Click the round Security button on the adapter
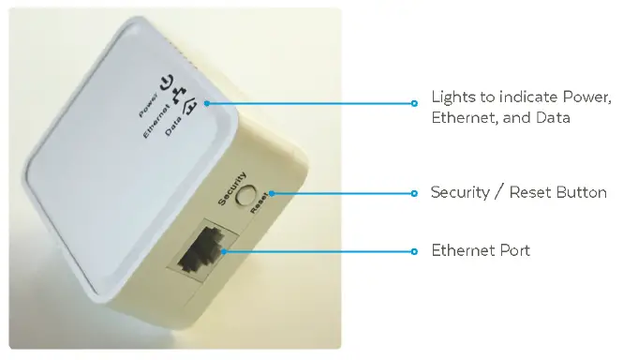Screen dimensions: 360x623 249,195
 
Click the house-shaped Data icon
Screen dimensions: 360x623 190,116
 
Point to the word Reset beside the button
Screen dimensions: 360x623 262,202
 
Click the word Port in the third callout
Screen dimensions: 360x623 514,250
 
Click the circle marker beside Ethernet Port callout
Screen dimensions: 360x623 414,251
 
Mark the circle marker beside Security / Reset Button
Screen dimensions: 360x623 414,193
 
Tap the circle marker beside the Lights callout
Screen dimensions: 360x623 414,103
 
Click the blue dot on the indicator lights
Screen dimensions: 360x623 206,103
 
